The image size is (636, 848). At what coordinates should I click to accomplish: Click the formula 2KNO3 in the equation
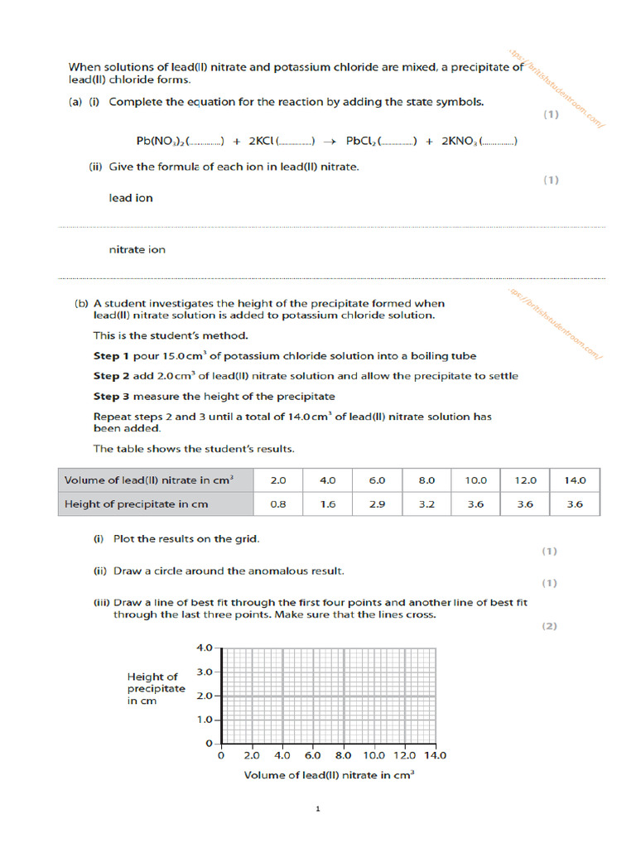click(x=460, y=142)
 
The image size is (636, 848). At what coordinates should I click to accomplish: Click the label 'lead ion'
click(x=131, y=198)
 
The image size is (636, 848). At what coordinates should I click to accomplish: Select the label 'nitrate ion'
click(x=137, y=249)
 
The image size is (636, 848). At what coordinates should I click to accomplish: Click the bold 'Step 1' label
click(x=112, y=356)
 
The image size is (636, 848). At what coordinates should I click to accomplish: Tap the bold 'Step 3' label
click(x=112, y=396)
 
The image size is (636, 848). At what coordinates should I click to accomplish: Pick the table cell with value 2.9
click(x=377, y=503)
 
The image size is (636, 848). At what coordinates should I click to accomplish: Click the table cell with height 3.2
click(x=426, y=503)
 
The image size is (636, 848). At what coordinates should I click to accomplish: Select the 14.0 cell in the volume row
click(x=575, y=479)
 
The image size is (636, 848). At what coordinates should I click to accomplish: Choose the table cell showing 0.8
click(x=278, y=503)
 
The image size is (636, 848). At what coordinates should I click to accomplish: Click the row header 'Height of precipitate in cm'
click(x=137, y=503)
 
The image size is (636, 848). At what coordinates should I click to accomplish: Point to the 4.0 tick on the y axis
click(x=204, y=647)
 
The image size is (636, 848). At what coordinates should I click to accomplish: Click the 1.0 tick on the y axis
click(x=204, y=720)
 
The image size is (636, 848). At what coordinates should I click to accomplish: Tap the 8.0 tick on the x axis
click(x=343, y=755)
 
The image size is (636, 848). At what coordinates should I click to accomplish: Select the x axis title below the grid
click(x=329, y=775)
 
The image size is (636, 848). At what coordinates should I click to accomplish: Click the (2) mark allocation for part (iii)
click(x=549, y=626)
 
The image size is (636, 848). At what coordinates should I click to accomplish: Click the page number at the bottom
click(x=317, y=808)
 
